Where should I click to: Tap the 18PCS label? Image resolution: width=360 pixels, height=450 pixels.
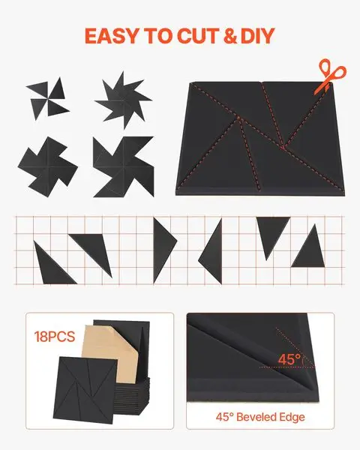(55, 337)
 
